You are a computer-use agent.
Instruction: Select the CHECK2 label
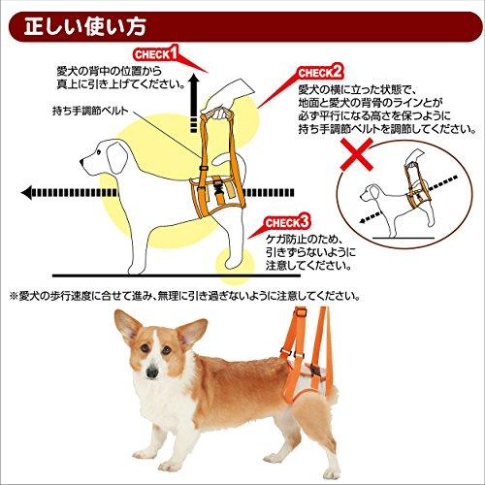[x=321, y=73]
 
